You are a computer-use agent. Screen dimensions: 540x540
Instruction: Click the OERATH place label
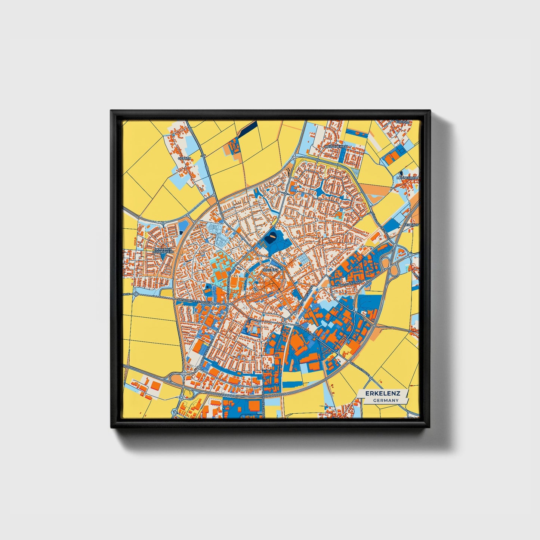[x=185, y=158]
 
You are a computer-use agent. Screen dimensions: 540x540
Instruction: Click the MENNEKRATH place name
[x=407, y=178]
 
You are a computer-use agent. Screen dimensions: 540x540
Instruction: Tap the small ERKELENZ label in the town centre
[x=271, y=269]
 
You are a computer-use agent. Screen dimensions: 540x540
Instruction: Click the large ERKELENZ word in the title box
[x=383, y=394]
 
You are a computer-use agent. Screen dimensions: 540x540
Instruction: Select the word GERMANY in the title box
[x=385, y=400]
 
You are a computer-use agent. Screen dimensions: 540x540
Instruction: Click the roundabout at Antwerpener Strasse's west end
[x=136, y=294]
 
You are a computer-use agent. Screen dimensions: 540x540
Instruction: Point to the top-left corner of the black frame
[x=111, y=111]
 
